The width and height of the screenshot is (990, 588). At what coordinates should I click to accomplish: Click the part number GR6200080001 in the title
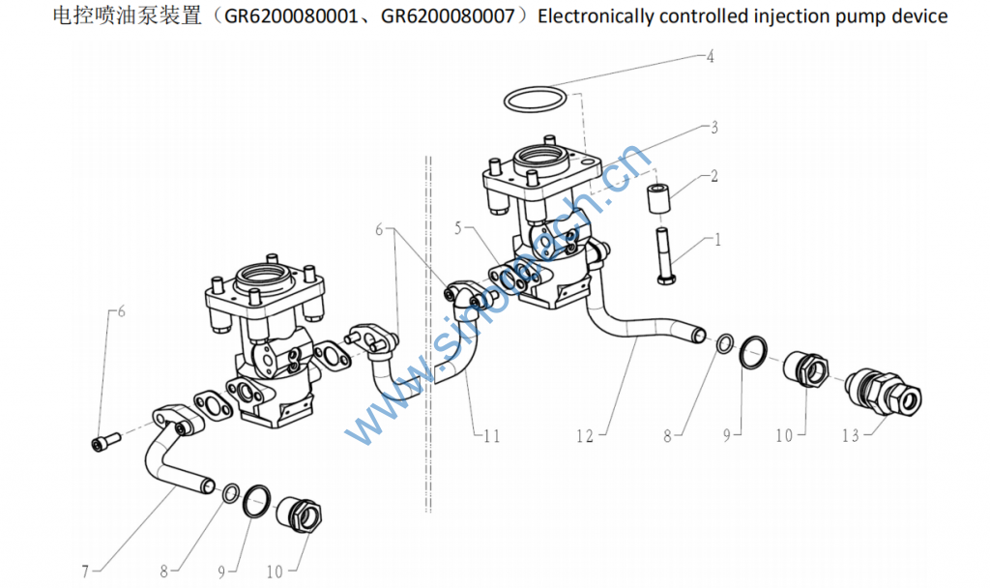(x=301, y=16)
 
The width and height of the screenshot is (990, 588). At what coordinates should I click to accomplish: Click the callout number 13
(x=851, y=436)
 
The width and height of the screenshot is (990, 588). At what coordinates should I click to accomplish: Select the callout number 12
(x=584, y=437)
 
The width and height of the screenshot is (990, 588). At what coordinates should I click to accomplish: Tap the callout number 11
(x=492, y=437)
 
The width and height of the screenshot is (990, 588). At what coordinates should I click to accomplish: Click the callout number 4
(x=710, y=57)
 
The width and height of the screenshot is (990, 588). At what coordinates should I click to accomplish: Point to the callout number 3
(x=713, y=127)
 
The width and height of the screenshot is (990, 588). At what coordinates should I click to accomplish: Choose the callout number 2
(x=713, y=176)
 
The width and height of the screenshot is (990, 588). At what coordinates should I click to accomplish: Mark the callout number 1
(x=716, y=238)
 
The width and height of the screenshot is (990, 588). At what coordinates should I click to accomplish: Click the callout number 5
(x=459, y=228)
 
